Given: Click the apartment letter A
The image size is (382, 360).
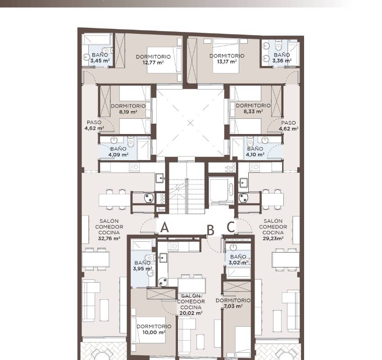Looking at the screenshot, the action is [x=165, y=228].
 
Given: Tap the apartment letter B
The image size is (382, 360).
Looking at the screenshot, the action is [x=210, y=230].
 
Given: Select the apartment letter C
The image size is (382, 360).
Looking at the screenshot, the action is [x=231, y=227].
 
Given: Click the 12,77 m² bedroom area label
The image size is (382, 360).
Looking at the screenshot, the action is [x=153, y=63].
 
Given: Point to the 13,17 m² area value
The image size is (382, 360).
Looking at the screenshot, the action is [x=227, y=62].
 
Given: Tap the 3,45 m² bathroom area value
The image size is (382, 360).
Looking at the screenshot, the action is [x=100, y=61].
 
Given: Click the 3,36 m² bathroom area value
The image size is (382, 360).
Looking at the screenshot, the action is [x=282, y=61].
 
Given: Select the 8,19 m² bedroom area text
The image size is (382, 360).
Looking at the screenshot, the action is [x=128, y=112].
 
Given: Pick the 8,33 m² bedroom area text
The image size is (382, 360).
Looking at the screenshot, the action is [x=253, y=112].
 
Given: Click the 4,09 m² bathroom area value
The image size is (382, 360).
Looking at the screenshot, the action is [x=118, y=154].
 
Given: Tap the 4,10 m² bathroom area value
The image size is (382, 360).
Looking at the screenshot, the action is [x=255, y=154].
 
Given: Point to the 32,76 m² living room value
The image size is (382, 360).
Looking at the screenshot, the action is [x=109, y=238].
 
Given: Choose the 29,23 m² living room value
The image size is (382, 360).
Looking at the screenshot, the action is [x=273, y=238].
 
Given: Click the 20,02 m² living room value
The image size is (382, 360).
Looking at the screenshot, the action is [x=191, y=313].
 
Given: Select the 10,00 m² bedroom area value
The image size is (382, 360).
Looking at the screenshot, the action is [x=154, y=332].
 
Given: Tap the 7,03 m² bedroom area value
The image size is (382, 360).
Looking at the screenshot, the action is [x=233, y=306].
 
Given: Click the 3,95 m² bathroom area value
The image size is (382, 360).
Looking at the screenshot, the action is [x=142, y=269].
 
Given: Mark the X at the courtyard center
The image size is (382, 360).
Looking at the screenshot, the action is [x=191, y=123].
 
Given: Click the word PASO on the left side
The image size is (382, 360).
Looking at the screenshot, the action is [x=94, y=122].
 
